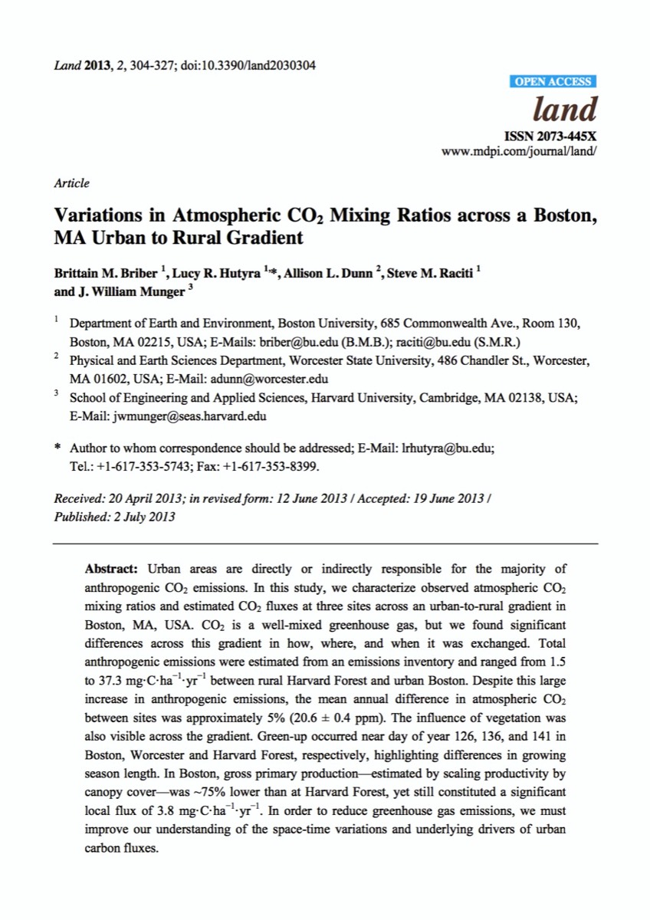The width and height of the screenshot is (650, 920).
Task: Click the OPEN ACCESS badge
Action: [552, 81]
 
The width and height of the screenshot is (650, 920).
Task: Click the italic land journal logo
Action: [564, 110]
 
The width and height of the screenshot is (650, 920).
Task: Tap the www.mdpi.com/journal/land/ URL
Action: [519, 149]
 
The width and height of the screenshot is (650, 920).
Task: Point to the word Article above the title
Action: [71, 183]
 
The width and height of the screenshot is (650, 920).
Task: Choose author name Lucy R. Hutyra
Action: [210, 274]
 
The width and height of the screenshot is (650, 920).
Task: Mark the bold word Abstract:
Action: [111, 569]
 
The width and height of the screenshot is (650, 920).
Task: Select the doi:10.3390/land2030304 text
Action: [248, 64]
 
